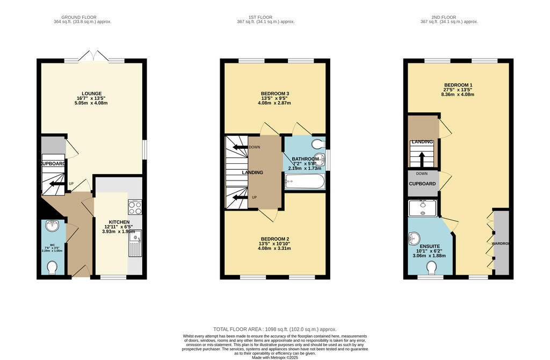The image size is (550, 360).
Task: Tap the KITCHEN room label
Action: (x=119, y=222)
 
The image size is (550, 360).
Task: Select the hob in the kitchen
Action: (x=135, y=207)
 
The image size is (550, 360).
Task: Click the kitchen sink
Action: (x=135, y=242)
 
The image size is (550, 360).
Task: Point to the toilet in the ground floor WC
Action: (x=53, y=267)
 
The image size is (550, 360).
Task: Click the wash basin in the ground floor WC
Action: (x=52, y=226)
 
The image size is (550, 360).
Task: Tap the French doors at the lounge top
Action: (x=94, y=56)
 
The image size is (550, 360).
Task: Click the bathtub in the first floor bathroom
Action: (x=305, y=182)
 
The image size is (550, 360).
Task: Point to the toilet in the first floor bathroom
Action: (x=319, y=143)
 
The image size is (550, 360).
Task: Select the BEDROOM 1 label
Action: (x=458, y=85)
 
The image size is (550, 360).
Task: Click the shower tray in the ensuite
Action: (x=423, y=207)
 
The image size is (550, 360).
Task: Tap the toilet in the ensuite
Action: (x=432, y=267)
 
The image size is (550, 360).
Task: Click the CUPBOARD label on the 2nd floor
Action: (x=422, y=184)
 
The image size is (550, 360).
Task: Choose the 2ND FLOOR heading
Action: (x=448, y=17)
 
